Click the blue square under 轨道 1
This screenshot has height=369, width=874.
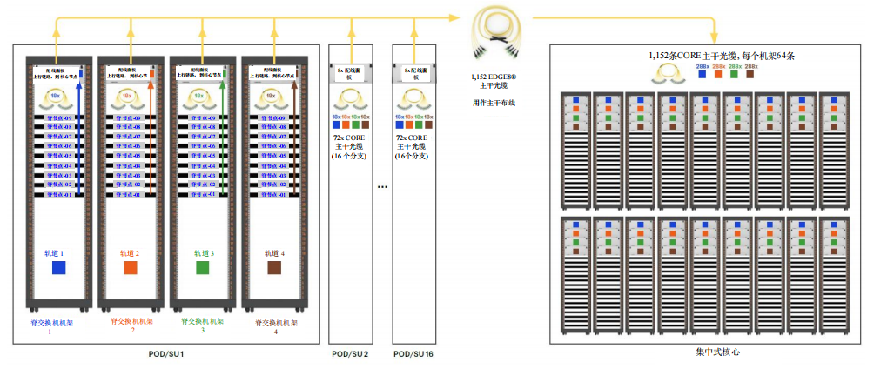(x=58, y=268)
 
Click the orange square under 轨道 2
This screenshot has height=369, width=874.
(x=131, y=268)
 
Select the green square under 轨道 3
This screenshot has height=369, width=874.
(x=202, y=268)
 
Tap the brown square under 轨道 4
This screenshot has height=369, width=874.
(x=273, y=268)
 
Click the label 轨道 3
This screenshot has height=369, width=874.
(x=202, y=253)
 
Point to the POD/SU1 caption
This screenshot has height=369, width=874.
(x=165, y=354)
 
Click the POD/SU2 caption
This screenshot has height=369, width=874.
(x=350, y=354)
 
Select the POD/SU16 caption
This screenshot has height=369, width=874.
(x=414, y=354)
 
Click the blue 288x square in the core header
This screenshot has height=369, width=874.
(x=703, y=75)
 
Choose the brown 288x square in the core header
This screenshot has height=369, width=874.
(x=750, y=75)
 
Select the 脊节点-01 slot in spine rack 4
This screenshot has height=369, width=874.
(x=273, y=195)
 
